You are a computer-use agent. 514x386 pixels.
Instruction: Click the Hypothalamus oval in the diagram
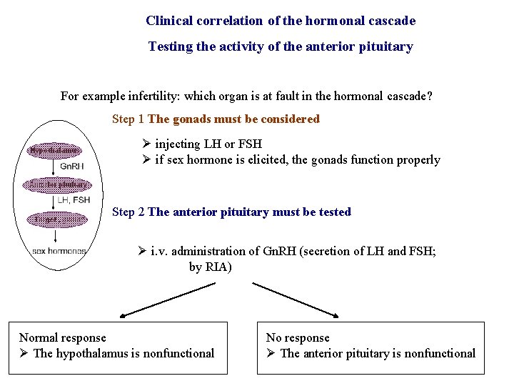[x=54, y=150]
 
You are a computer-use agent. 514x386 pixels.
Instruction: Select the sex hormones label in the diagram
[x=59, y=251]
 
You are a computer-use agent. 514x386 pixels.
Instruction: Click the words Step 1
[x=128, y=119]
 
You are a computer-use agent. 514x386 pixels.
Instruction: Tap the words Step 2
[x=128, y=212]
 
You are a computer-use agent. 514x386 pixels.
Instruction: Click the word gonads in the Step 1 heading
[x=191, y=119]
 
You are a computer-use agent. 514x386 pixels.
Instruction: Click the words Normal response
[x=62, y=337]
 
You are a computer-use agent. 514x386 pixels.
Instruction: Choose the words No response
[x=298, y=337]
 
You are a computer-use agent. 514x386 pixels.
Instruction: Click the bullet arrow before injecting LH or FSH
[x=147, y=144]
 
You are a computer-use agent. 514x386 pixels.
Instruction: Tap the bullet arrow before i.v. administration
[x=143, y=252]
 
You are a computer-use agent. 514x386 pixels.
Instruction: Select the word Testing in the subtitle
[x=170, y=46]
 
